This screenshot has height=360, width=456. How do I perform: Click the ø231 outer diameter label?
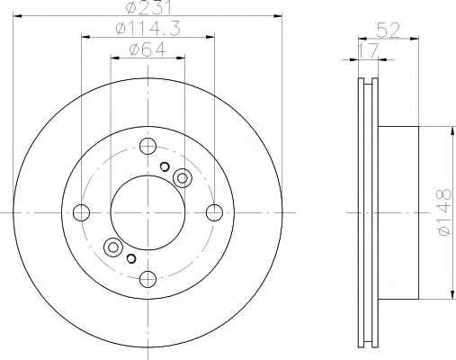[148, 6]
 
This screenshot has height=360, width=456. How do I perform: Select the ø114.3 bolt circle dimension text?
[148, 29]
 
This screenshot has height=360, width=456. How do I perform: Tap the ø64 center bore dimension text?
[148, 49]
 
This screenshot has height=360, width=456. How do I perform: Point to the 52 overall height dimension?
[389, 31]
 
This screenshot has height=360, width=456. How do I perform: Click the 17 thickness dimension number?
[369, 50]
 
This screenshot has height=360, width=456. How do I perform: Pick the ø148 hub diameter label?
[444, 212]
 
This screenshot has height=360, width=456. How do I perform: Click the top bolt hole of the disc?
[148, 147]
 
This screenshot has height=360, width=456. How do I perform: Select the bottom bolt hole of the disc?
[148, 279]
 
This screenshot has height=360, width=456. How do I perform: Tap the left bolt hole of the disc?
[81, 212]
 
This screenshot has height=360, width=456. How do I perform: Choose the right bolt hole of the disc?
[214, 212]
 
